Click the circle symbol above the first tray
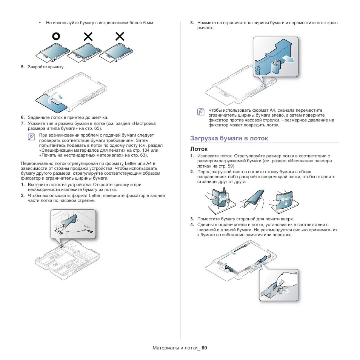pos(56,36)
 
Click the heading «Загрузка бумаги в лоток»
pos(229,138)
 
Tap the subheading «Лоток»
pos(198,149)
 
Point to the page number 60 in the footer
pos(204,348)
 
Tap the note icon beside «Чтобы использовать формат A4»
pos(201,112)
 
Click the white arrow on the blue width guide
pos(286,59)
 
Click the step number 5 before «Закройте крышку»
pos(23,67)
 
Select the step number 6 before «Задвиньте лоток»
pos(23,117)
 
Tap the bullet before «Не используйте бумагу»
pos(40,23)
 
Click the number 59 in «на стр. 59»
pos(230,166)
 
